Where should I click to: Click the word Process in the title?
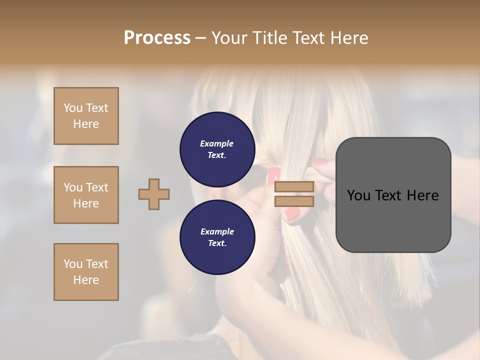[x=157, y=38]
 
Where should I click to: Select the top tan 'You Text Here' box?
[x=86, y=116]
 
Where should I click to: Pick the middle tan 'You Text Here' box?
[x=86, y=195]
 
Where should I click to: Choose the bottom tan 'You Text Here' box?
[x=86, y=272]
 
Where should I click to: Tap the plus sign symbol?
[x=154, y=194]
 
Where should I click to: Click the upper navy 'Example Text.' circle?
[x=217, y=149]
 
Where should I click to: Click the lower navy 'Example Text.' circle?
[x=217, y=237]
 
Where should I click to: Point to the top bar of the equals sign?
[x=294, y=187]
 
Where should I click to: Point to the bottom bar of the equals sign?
[x=294, y=201]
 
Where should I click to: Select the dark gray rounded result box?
[x=393, y=195]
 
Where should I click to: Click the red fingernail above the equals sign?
[x=273, y=175]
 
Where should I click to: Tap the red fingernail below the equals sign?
[x=292, y=214]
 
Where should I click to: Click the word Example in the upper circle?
[x=216, y=144]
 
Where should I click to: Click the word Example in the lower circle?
[x=216, y=232]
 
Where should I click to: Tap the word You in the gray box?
[x=358, y=195]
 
